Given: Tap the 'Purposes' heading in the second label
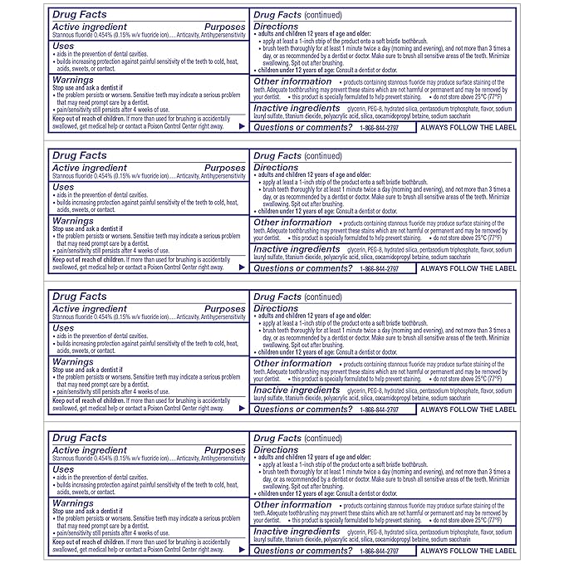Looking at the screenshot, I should [x=225, y=168].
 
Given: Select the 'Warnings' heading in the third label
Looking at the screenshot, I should [x=73, y=361].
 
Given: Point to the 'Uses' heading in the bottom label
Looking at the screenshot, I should [x=63, y=469].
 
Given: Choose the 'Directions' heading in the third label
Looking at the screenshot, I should [x=276, y=308].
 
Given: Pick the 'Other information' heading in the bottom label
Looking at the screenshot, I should [x=292, y=504].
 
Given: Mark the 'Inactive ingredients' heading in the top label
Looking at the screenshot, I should [x=297, y=107].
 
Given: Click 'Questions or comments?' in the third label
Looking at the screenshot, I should [x=297, y=410].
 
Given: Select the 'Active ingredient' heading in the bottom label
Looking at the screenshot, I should [x=89, y=450].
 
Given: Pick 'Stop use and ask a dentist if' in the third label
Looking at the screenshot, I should [x=91, y=370].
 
